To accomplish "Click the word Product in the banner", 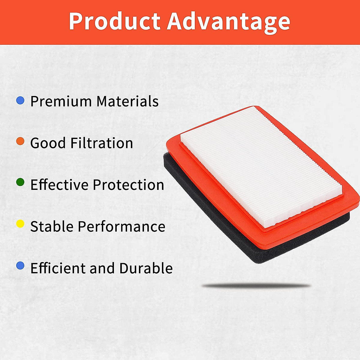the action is [115, 21].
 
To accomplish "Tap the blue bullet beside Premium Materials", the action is [20, 100].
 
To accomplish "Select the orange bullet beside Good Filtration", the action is [20, 141].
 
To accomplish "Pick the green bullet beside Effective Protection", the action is [20, 182].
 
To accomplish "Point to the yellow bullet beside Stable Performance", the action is [20, 224].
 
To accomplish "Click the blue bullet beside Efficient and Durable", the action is [20, 265].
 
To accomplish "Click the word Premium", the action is [61, 101].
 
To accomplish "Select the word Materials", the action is [127, 101].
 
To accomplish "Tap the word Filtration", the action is [102, 143].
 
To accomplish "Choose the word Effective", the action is [59, 184].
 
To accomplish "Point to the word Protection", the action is [128, 184].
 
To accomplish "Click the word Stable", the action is [52, 226].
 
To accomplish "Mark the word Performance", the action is [121, 226].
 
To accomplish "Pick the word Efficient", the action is [58, 268].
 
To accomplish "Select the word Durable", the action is [146, 268].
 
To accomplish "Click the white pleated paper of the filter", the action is [261, 166].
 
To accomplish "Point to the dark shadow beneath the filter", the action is [256, 286].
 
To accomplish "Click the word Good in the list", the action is [48, 143].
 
